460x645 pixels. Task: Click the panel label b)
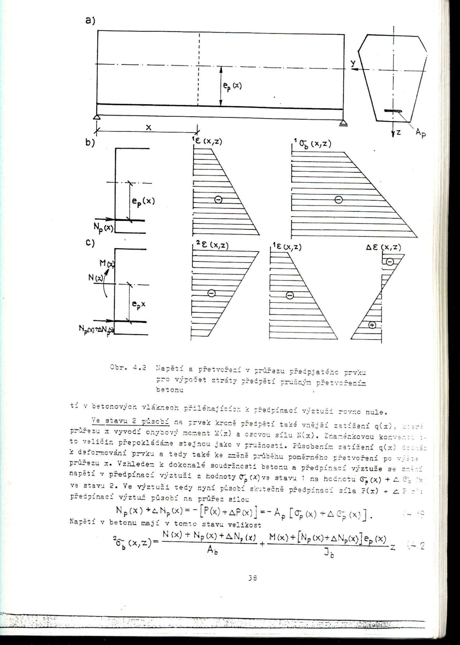pyautogui.click(x=90, y=142)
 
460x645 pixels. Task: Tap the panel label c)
pyautogui.click(x=90, y=243)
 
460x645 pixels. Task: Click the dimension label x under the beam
pyautogui.click(x=149, y=127)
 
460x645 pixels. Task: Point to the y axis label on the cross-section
pyautogui.click(x=353, y=63)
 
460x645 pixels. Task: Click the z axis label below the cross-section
pyautogui.click(x=398, y=132)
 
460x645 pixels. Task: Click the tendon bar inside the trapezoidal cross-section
pyautogui.click(x=393, y=111)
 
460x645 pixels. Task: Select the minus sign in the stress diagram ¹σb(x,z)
pyautogui.click(x=338, y=200)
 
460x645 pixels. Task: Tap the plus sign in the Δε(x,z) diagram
pyautogui.click(x=372, y=325)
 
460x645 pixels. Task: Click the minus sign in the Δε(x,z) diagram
pyautogui.click(x=390, y=261)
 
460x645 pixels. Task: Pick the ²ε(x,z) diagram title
pyautogui.click(x=211, y=245)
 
